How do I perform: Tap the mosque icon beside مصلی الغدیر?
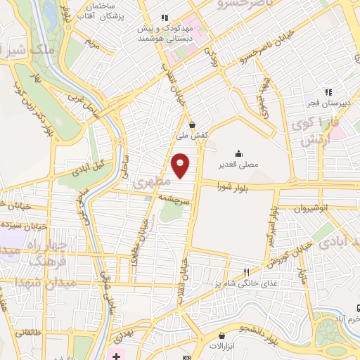238,153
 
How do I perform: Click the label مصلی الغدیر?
239,165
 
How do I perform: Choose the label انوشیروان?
311,209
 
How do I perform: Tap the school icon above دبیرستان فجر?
328,91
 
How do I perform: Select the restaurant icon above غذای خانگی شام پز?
245,272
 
